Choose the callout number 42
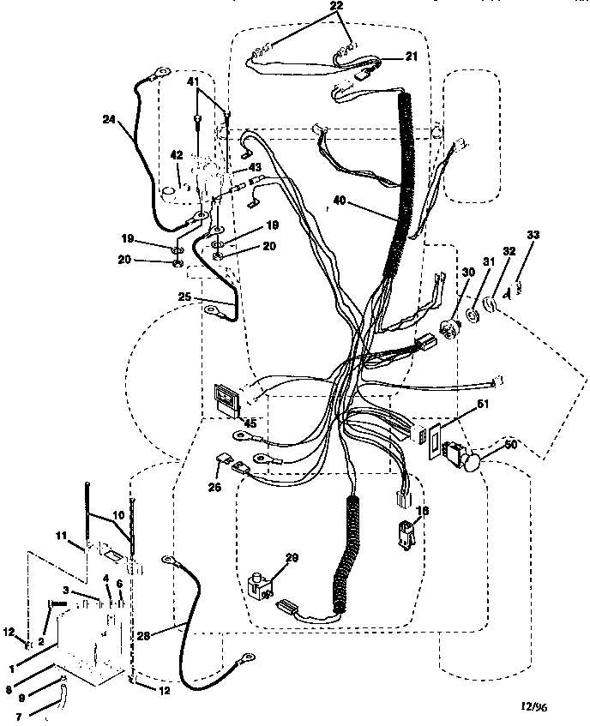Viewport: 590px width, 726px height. point(177,155)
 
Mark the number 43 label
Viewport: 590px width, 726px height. point(255,166)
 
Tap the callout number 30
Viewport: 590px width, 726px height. point(468,271)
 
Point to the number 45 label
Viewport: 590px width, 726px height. point(250,421)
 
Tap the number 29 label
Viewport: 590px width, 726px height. point(292,559)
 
